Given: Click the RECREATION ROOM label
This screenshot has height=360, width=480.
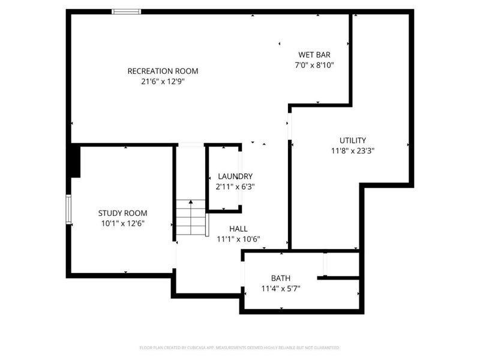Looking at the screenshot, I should [x=163, y=71].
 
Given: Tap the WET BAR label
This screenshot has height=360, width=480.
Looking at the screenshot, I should [x=314, y=54].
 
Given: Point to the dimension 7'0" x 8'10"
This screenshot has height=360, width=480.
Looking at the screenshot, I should [x=314, y=65].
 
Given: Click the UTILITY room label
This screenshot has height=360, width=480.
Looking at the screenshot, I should [x=352, y=140].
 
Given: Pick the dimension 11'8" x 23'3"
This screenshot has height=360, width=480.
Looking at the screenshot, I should [x=352, y=151].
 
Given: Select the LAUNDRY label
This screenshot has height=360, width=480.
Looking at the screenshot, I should [x=235, y=176].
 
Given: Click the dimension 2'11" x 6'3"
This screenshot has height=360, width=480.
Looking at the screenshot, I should [x=235, y=187].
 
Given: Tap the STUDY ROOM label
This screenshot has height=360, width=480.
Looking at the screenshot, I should [x=122, y=213].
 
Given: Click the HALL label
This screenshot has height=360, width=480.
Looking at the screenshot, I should [x=238, y=228].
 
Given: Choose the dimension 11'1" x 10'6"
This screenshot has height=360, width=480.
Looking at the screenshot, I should [x=238, y=238].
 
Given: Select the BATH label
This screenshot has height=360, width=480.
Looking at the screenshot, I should [x=280, y=278].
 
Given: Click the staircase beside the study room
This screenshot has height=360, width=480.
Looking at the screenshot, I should [x=191, y=218].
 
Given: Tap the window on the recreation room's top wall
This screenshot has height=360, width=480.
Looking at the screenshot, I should [x=127, y=11].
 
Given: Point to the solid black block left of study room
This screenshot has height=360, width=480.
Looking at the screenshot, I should [x=74, y=161].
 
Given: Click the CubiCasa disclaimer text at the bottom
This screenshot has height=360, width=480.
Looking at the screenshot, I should [x=239, y=347].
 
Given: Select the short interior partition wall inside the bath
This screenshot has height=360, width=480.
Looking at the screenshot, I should [x=338, y=278].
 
